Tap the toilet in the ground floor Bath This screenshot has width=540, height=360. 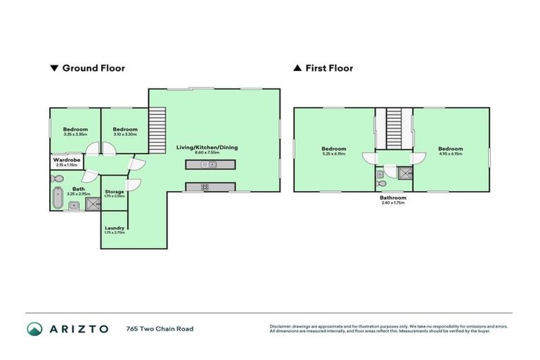point(60,181)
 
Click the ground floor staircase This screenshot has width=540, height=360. point(158,129)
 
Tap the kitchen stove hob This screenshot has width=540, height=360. point(205,187)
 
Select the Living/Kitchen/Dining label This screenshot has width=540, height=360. point(207,147)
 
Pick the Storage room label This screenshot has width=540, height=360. point(115,191)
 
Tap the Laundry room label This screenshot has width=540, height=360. point(115,228)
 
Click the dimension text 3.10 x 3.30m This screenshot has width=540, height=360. point(124,134)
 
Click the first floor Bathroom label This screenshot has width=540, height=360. point(393,198)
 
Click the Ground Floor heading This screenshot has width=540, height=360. point(94,68)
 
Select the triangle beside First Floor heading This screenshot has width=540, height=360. point(297,68)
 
